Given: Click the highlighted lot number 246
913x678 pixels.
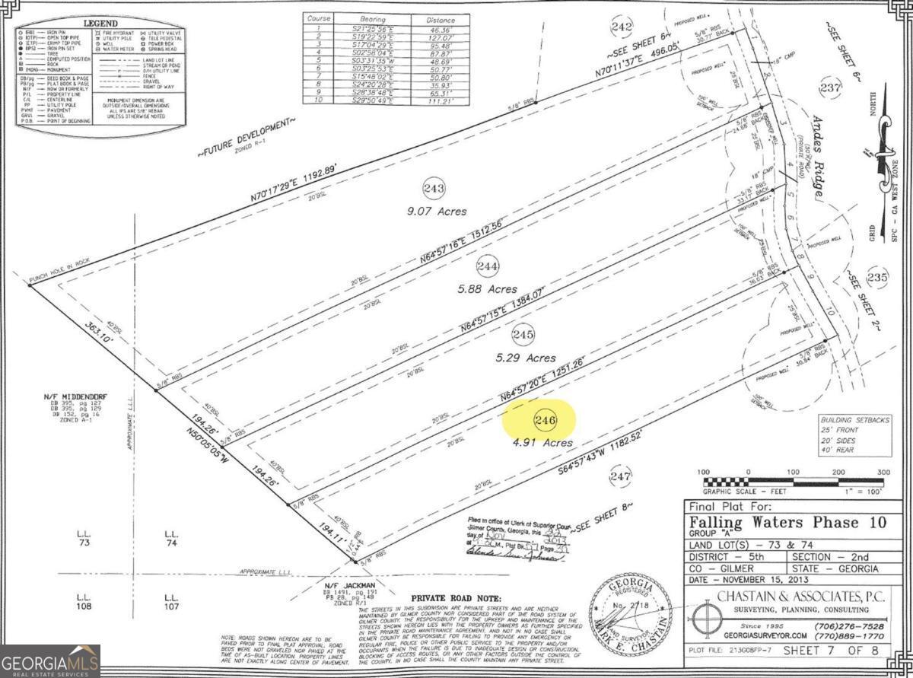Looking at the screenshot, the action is tap(546, 420).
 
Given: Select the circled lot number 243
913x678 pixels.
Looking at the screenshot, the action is tap(434, 188).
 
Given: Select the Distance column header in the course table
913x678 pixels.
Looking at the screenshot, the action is tap(441, 19).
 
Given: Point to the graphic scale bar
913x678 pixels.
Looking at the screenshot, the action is tap(794, 481).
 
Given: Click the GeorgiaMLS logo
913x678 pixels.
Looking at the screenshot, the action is tap(50, 660).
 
